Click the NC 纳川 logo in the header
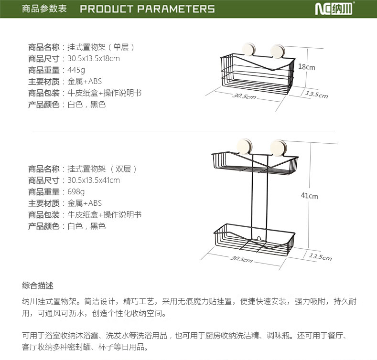pos(334,9)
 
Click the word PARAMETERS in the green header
pos(176,9)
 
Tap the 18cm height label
pos(307,67)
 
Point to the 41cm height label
pos(309,196)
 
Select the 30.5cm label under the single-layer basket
pos(244,96)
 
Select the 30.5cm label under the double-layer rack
pos(241,259)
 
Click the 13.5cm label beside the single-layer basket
pos(317,95)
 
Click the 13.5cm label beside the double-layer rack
pos(321,257)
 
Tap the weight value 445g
pos(76,70)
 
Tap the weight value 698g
pos(76,192)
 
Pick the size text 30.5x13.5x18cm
pos(94,58)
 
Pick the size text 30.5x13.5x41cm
pos(94,180)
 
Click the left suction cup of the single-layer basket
pos(248,50)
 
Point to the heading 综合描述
pos(38,286)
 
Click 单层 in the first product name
pos(121,47)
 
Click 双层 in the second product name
pos(123,169)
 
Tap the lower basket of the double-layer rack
pos(254,240)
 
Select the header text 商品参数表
pos(44,9)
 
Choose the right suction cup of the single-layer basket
pos(278,52)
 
